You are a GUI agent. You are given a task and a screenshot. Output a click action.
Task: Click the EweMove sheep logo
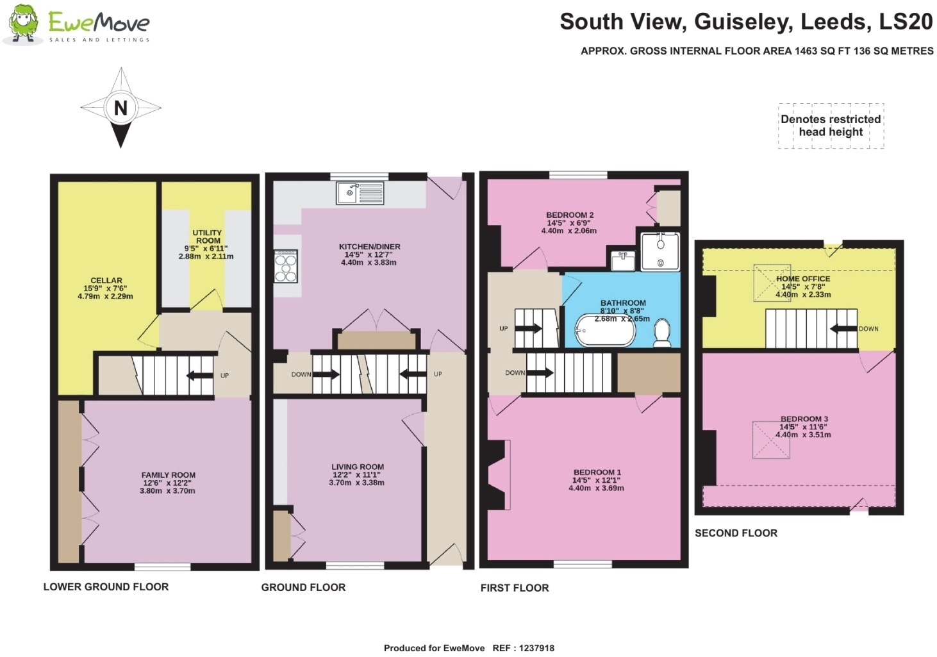tap(24, 24)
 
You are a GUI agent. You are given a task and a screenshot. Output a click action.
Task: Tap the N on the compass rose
tap(120, 108)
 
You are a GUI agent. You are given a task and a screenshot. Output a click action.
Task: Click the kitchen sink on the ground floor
tap(360, 193)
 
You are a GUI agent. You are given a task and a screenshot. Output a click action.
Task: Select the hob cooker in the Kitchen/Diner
tap(286, 266)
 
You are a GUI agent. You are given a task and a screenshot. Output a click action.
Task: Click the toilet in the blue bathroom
tap(662, 333)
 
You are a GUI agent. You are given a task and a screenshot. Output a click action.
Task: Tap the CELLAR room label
tap(106, 281)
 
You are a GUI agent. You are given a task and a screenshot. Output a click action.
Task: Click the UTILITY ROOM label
tap(207, 237)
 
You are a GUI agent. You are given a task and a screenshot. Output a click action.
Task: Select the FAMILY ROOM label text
tap(169, 475)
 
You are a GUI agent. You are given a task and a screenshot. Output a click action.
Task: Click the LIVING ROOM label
tap(358, 467)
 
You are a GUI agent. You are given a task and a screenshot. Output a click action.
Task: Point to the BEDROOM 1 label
tap(597, 472)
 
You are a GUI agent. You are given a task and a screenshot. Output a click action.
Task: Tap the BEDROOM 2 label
tap(570, 215)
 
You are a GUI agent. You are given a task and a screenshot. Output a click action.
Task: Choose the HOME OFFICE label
tap(803, 279)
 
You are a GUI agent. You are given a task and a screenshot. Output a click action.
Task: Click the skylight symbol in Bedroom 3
tap(771, 440)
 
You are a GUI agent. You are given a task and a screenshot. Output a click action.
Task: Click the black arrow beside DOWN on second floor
tap(843, 329)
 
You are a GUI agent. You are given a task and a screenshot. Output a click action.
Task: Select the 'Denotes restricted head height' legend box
tap(831, 126)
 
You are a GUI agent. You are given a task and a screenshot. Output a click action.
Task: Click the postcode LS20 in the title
tap(905, 22)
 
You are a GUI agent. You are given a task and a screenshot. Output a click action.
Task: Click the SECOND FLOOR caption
tap(736, 533)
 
